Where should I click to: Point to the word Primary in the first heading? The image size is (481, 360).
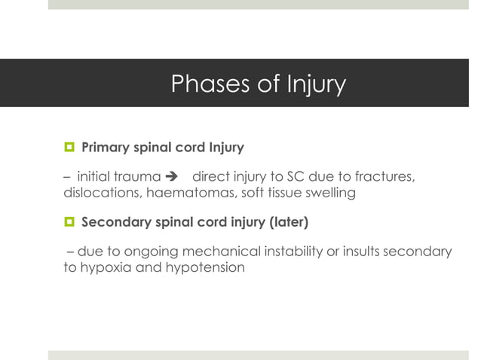[106, 146]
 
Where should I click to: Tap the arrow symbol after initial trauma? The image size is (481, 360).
[172, 177]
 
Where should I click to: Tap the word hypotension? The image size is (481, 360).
[205, 267]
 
